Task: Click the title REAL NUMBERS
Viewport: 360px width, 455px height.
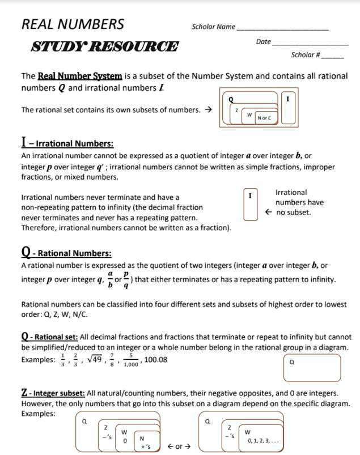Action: pos(73,24)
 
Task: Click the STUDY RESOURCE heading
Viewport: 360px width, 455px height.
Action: pos(104,47)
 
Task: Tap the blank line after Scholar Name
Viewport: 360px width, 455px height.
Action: pos(282,28)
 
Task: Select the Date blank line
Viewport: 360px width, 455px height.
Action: pos(310,44)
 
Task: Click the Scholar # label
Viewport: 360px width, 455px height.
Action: pos(306,56)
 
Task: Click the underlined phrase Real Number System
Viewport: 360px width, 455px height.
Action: pos(80,76)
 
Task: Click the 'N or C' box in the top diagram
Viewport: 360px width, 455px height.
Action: pos(264,118)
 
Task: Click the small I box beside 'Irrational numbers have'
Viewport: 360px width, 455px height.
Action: pos(250,205)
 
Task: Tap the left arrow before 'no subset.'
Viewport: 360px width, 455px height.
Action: pos(269,212)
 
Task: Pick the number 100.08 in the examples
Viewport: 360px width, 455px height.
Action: pos(156,359)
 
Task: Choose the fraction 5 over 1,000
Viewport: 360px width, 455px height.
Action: pos(131,360)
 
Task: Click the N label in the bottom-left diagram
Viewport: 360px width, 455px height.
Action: pos(142,438)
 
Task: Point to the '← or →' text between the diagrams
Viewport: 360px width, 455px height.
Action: pos(179,446)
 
